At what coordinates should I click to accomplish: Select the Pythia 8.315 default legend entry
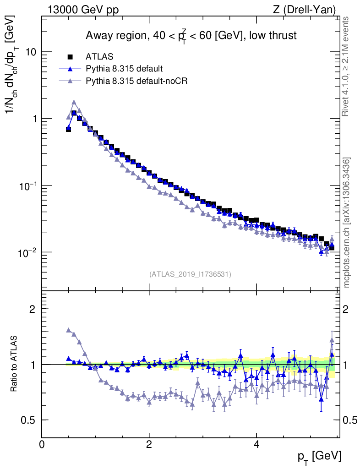click(x=124, y=69)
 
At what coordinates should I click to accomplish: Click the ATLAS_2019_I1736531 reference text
click(x=190, y=274)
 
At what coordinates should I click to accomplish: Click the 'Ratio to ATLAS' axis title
click(x=15, y=365)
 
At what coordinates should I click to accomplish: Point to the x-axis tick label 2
click(x=149, y=444)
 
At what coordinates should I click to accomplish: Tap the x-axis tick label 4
click(x=256, y=444)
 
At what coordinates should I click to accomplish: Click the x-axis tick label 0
click(x=42, y=444)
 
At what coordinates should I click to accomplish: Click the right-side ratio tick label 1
click(x=348, y=365)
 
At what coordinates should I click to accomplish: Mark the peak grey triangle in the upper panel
click(x=74, y=102)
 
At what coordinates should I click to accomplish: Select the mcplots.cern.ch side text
click(x=347, y=223)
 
